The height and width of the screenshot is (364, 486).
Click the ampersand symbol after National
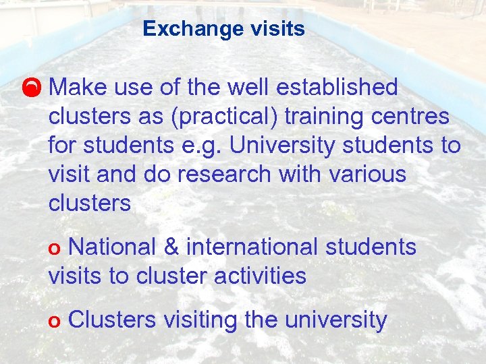[171, 247]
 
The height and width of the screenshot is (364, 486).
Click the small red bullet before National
[56, 249]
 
